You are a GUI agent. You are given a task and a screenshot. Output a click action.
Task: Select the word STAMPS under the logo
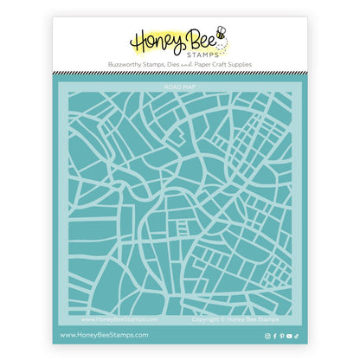point(203,54)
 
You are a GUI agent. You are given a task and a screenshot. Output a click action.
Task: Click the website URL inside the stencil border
point(113,318)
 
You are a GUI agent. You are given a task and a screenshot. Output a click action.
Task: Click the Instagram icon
point(267,334)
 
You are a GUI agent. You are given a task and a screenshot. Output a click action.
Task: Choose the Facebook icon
point(274,334)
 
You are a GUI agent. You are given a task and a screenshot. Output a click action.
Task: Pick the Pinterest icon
point(281,334)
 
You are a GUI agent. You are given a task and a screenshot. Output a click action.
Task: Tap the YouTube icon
point(289,334)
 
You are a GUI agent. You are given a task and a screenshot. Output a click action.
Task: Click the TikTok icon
point(297,334)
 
